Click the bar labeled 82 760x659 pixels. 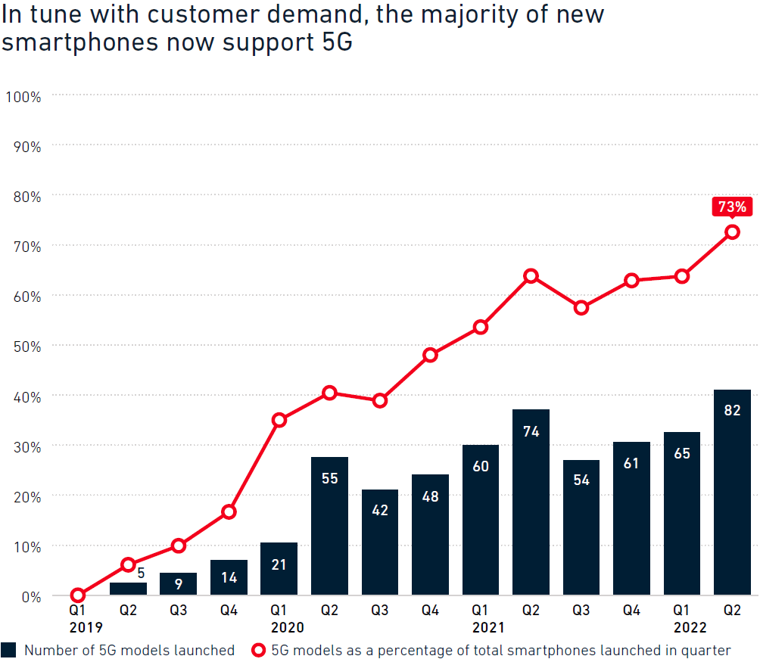pyautogui.click(x=732, y=492)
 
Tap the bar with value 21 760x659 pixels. pyautogui.click(x=279, y=568)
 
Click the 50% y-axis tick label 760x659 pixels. pyautogui.click(x=26, y=346)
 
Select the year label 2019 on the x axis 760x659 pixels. pyautogui.click(x=85, y=627)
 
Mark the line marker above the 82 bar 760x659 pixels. pyautogui.click(x=732, y=232)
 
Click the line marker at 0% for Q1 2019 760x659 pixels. pyautogui.click(x=78, y=595)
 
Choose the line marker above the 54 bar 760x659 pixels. pyautogui.click(x=581, y=308)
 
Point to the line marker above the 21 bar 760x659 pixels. pyautogui.click(x=279, y=420)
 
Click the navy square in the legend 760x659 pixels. pyautogui.click(x=9, y=650)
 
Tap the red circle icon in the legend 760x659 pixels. pyautogui.click(x=259, y=650)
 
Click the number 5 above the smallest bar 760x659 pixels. pyautogui.click(x=141, y=573)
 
